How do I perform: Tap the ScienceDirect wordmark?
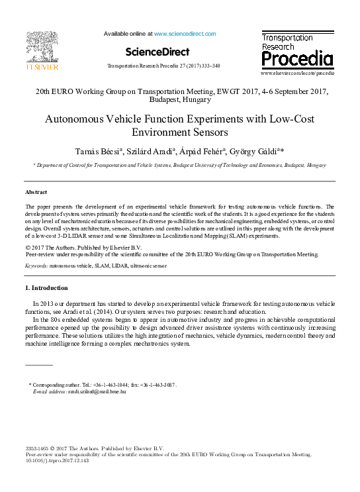157,52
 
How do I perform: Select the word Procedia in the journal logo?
296,60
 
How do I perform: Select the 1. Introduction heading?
46,288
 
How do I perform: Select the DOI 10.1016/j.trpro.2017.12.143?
57,461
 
